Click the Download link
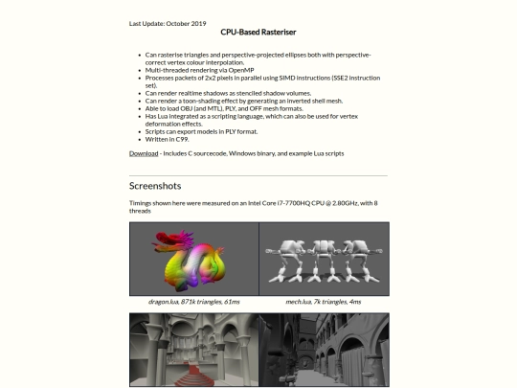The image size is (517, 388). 144,153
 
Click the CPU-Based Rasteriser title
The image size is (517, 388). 258,32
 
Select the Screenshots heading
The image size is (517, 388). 155,186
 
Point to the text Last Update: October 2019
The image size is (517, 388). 168,23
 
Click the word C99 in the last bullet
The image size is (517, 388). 182,139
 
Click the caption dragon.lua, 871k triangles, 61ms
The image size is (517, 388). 193,302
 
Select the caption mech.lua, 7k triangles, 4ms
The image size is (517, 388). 324,302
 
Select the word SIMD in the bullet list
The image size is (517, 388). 287,78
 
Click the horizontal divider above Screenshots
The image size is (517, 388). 258,176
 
